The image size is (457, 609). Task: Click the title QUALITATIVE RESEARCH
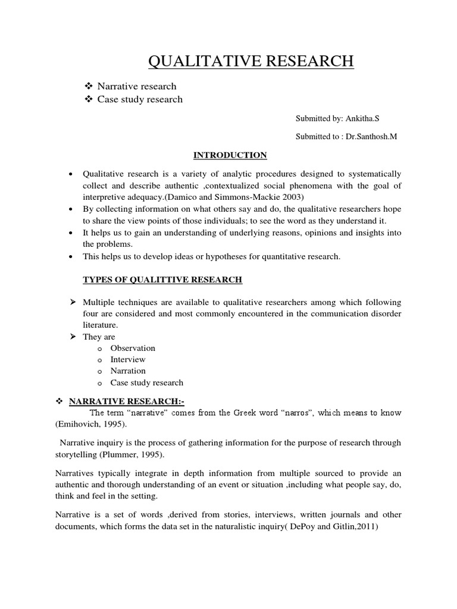[251, 61]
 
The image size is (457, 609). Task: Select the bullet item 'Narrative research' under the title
[137, 87]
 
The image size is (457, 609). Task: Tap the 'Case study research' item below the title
[140, 99]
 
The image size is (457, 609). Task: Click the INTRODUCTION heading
[230, 155]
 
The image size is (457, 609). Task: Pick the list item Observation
[133, 348]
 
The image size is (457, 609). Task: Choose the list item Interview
[128, 359]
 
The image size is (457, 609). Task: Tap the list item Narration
[128, 371]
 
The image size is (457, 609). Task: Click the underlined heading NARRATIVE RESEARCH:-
[123, 401]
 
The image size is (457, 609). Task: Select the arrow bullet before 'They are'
[73, 337]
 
